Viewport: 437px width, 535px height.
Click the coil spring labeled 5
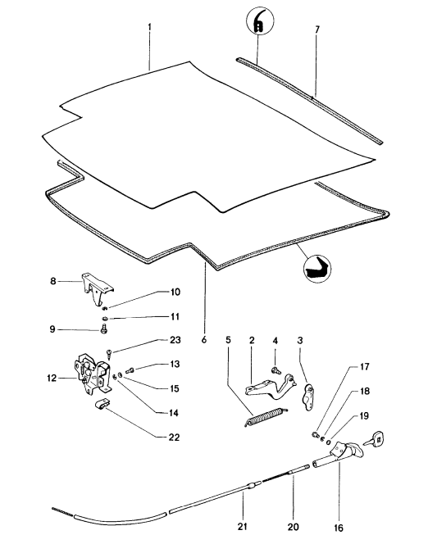point(266,416)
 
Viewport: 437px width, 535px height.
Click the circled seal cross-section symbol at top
point(257,25)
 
